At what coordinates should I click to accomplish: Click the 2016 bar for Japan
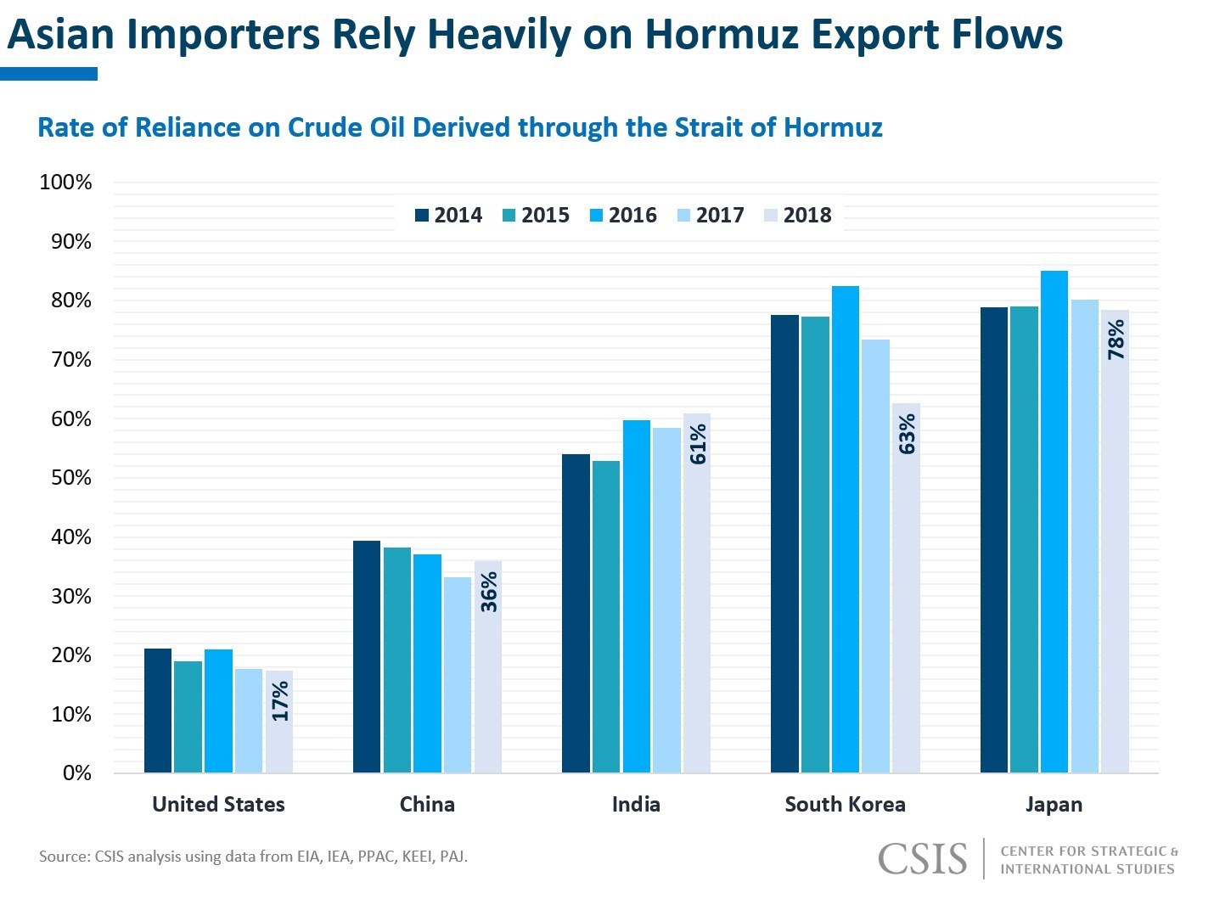[x=1054, y=522]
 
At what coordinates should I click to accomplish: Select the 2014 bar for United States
[x=158, y=711]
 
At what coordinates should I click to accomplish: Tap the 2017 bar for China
[x=457, y=675]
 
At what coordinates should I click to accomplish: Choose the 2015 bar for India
[x=606, y=616]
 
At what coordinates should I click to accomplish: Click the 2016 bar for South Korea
[x=845, y=530]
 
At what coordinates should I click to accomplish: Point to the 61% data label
[x=698, y=444]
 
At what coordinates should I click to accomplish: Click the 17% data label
[x=280, y=701]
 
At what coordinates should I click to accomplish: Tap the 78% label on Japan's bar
[x=1116, y=340]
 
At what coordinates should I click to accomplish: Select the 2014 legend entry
[x=449, y=216]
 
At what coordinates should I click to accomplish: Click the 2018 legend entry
[x=798, y=216]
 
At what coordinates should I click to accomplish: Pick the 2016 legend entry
[x=624, y=216]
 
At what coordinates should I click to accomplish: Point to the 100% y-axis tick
[x=65, y=183]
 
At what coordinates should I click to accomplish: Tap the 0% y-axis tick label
[x=76, y=773]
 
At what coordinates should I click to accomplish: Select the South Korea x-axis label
[x=845, y=805]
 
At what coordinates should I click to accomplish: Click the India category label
[x=636, y=805]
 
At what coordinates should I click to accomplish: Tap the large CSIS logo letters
[x=922, y=859]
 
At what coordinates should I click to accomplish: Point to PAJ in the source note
[x=452, y=857]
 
